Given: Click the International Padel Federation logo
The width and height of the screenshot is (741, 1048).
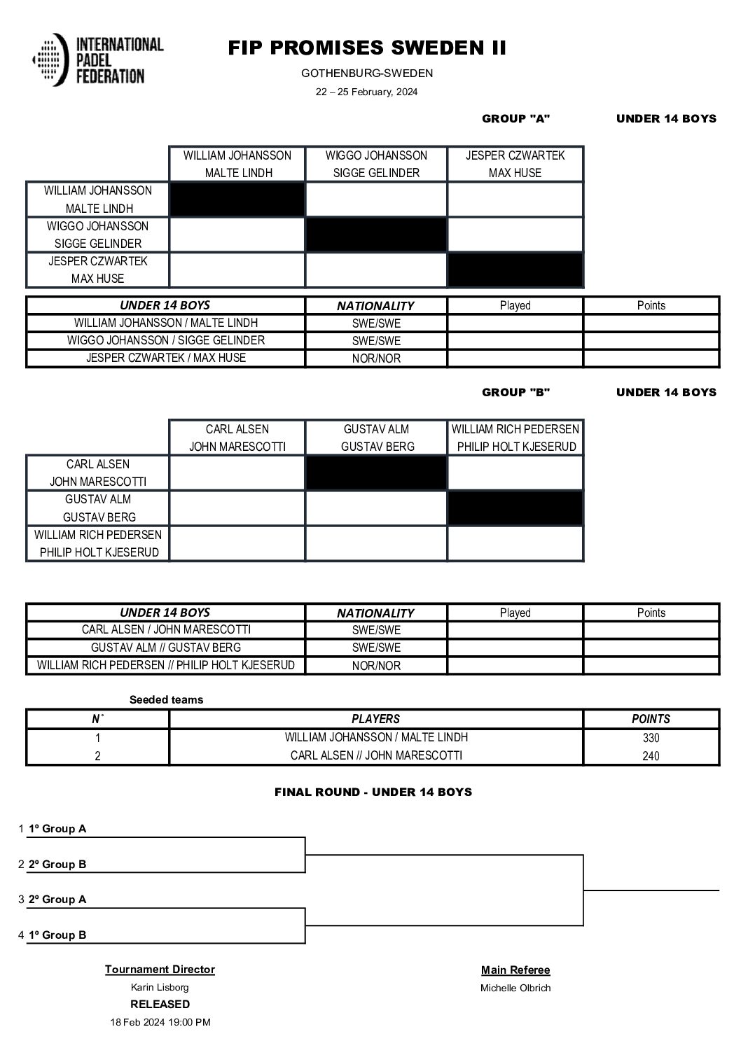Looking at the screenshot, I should click(x=97, y=60).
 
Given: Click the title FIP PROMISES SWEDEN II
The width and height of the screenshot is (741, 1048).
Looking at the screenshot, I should click(x=367, y=48).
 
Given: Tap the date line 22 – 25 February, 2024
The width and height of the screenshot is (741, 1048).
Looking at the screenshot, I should click(x=366, y=92).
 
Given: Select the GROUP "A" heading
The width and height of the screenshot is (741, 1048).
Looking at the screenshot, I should click(x=515, y=118).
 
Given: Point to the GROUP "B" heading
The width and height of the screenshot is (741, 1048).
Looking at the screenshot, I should click(x=515, y=392).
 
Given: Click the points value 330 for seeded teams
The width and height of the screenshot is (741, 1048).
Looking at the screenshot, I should click(x=651, y=738).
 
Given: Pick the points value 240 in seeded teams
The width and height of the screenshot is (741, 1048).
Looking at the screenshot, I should click(x=651, y=756).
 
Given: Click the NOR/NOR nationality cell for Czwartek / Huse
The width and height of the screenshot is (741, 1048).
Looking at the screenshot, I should click(x=376, y=358).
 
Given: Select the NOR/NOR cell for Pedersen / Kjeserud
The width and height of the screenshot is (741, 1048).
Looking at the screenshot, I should click(x=376, y=666).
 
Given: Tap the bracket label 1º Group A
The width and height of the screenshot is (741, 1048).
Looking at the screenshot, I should click(x=57, y=829).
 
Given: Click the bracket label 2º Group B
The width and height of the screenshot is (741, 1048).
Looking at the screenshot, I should click(x=57, y=865).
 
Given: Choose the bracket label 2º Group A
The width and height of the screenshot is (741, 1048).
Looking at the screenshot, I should click(x=57, y=900).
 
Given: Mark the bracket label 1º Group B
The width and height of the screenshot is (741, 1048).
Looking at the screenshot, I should click(x=57, y=935).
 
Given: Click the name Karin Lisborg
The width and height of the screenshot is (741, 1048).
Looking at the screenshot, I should click(x=160, y=987).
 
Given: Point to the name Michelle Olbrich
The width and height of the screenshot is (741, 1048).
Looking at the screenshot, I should click(x=515, y=988).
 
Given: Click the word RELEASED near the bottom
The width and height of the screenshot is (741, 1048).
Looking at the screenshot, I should click(x=160, y=1004).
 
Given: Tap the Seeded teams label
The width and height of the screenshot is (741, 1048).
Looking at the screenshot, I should click(x=167, y=699).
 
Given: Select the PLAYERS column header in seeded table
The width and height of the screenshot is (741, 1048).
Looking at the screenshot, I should click(x=375, y=719).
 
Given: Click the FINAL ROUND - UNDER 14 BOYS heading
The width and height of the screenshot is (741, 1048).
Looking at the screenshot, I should click(x=373, y=792).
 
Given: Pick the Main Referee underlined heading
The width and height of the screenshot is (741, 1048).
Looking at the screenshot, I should click(x=515, y=970).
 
